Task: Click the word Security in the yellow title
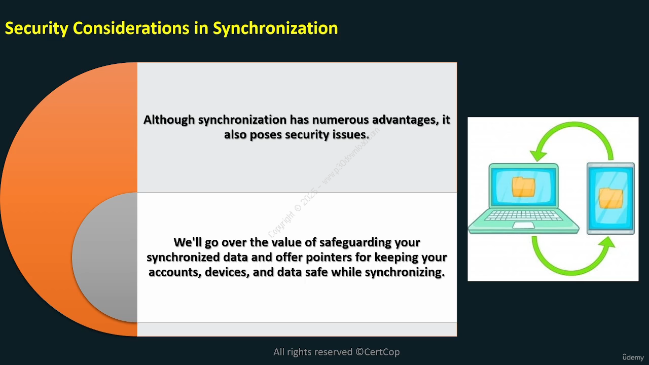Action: pos(37,28)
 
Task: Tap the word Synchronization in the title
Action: pos(275,28)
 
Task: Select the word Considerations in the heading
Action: pos(131,28)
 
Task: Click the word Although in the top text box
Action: pos(169,120)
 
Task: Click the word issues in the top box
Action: pos(351,135)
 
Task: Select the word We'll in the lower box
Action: pos(188,242)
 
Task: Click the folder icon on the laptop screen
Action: pos(523,187)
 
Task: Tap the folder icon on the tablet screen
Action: pos(611,198)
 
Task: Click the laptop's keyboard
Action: pos(523,216)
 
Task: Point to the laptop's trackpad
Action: pos(524,226)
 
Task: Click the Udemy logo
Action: pos(633,357)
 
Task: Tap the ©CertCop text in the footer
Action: pos(378,352)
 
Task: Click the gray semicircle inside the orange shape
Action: pos(105,257)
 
